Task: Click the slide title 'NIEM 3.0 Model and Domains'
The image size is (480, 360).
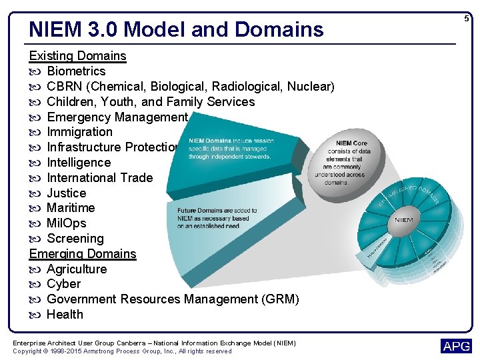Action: pyautogui.click(x=176, y=29)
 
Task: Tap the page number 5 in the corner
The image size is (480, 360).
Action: pyautogui.click(x=467, y=19)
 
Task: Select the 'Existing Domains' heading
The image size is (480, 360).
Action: pyautogui.click(x=77, y=56)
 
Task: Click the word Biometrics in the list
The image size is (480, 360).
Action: pyautogui.click(x=76, y=71)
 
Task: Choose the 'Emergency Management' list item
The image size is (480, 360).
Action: pyautogui.click(x=117, y=117)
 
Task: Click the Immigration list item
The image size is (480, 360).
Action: pyautogui.click(x=79, y=132)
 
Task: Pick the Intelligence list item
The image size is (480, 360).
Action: pyautogui.click(x=79, y=163)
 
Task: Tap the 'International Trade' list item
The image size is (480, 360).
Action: pyautogui.click(x=99, y=178)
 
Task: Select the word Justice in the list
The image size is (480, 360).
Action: pyautogui.click(x=66, y=193)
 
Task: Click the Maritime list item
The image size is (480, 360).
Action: pyautogui.click(x=71, y=208)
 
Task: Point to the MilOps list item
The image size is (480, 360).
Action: pyautogui.click(x=67, y=223)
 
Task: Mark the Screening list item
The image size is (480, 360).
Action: pyautogui.click(x=75, y=239)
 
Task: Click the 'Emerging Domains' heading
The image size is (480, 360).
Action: pyautogui.click(x=83, y=254)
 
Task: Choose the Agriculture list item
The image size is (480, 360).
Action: pyautogui.click(x=77, y=269)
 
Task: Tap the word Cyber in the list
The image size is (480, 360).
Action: pyautogui.click(x=63, y=284)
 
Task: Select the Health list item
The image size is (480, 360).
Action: pyautogui.click(x=65, y=315)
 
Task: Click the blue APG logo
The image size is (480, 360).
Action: pyautogui.click(x=456, y=346)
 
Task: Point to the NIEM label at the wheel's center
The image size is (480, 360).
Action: pyautogui.click(x=404, y=219)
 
